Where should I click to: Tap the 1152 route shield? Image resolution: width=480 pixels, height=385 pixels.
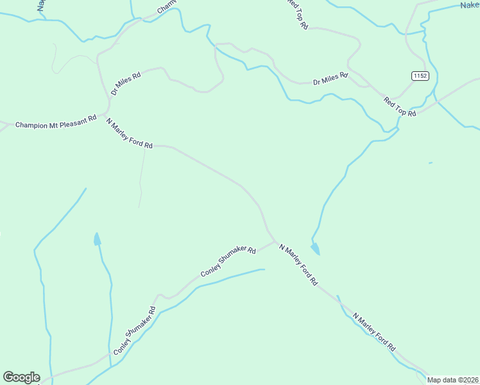tap(420, 76)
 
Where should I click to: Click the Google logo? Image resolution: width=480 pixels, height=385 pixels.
tap(21, 377)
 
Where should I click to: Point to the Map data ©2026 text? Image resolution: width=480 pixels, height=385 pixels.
tap(452, 380)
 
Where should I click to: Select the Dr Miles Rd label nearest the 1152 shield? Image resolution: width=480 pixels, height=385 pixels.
tap(330, 79)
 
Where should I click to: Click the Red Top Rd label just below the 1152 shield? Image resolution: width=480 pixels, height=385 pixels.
tap(400, 106)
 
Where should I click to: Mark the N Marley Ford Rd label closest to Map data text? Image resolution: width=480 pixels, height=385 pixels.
tap(374, 331)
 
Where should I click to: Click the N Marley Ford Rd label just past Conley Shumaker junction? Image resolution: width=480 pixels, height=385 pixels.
tap(298, 264)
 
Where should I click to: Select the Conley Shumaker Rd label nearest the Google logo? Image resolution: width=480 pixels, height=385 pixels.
tap(135, 332)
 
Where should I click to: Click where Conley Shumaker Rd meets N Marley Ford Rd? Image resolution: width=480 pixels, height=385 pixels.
tap(275, 242)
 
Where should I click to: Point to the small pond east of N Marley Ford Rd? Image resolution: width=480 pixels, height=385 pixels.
tap(315, 248)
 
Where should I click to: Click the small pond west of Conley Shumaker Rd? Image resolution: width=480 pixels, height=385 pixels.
tap(97, 239)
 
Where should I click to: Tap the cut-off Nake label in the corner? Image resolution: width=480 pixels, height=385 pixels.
tap(469, 5)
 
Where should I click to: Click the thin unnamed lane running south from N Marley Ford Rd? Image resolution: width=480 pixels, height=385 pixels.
tap(142, 180)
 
